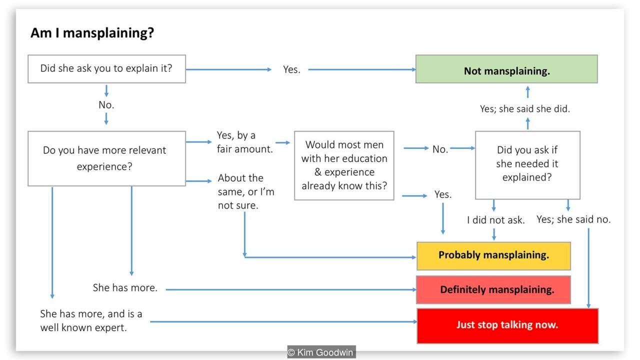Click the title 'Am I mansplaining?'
point(92,33)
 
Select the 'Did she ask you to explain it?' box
point(106,68)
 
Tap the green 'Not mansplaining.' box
point(506,69)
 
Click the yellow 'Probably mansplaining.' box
point(493,255)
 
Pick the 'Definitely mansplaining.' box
point(493,289)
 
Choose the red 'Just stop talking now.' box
point(507,325)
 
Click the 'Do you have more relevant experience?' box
point(106,158)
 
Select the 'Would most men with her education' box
point(344,165)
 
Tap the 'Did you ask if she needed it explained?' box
point(527,165)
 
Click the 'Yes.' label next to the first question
point(291,70)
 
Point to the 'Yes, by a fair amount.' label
point(244,142)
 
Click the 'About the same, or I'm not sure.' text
point(245,191)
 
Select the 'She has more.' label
point(125,288)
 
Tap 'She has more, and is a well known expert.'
point(91,321)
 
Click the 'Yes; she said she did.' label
point(524,109)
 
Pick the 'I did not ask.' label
point(495,220)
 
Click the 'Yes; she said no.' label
point(573,219)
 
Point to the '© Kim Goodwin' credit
point(321,353)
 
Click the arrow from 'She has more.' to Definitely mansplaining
point(290,289)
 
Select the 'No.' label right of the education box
point(440,149)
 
